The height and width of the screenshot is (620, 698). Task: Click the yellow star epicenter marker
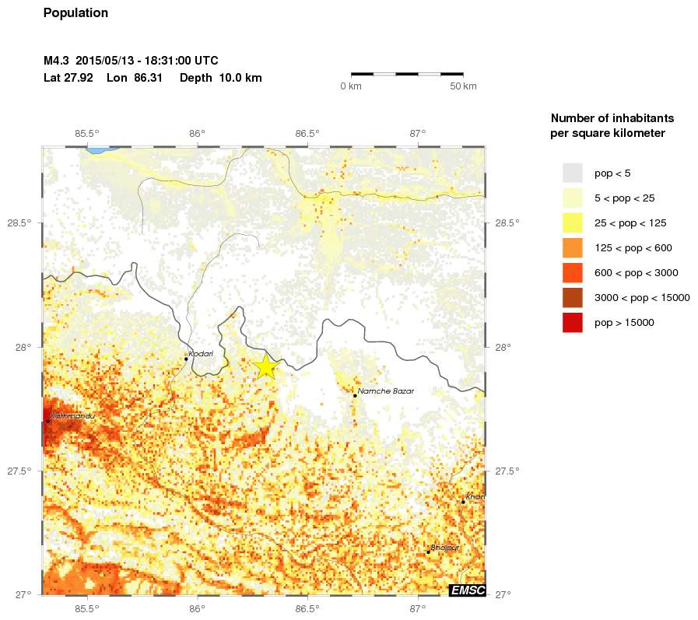(266, 366)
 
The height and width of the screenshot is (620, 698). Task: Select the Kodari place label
(201, 353)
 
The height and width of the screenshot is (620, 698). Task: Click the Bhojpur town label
(445, 548)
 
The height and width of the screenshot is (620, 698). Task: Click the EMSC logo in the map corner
(468, 590)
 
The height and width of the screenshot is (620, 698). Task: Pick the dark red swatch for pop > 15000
(573, 322)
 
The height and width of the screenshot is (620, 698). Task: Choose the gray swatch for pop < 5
(573, 173)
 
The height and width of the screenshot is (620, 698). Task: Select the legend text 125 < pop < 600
(633, 247)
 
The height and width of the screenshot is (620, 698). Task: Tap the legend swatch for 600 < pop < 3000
(573, 272)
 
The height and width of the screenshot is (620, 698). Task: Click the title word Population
(76, 13)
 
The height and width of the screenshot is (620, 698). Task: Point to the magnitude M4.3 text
(58, 61)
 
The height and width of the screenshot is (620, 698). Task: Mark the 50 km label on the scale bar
(464, 86)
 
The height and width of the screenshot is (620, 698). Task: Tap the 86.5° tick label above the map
(307, 133)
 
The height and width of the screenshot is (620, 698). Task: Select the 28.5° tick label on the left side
(19, 223)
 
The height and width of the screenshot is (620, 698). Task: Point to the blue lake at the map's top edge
(100, 149)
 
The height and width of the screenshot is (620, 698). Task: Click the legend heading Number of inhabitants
(612, 118)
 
